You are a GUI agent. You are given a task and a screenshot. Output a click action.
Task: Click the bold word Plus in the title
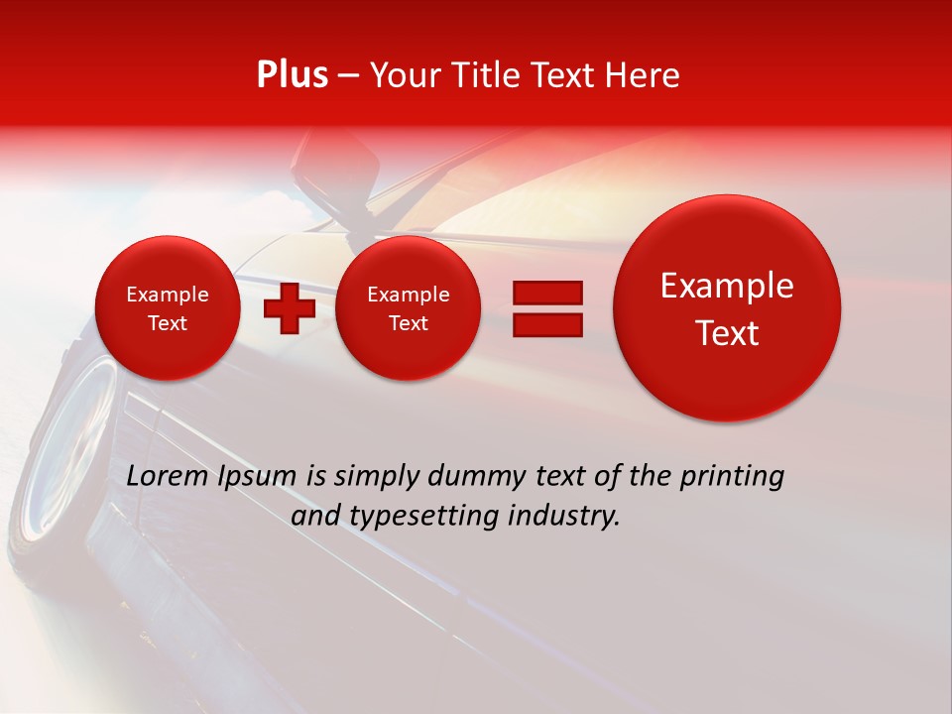click(x=292, y=75)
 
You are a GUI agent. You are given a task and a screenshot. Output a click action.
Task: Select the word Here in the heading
click(x=644, y=75)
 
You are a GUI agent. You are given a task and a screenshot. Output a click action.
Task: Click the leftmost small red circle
click(x=168, y=308)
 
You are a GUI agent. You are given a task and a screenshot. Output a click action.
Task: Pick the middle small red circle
click(x=408, y=308)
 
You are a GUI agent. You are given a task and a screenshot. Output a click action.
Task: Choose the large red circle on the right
click(x=727, y=308)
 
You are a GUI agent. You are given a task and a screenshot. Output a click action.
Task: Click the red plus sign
click(x=290, y=308)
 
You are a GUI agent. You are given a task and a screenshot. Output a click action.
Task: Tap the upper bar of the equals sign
click(x=546, y=293)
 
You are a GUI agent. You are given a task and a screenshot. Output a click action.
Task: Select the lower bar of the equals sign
click(x=546, y=324)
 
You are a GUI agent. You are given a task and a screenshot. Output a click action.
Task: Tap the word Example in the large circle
click(x=727, y=286)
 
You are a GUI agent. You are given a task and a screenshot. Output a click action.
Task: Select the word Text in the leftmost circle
click(x=168, y=323)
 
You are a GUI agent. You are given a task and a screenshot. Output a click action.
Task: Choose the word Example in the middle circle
click(x=408, y=295)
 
